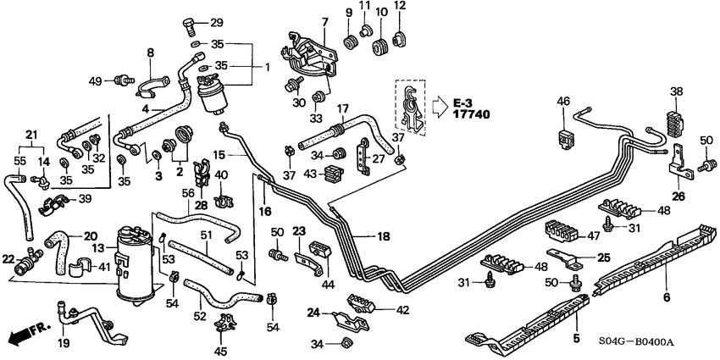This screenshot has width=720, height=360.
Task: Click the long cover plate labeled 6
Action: tap(652, 254)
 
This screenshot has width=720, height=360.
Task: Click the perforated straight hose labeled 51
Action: tap(203, 253)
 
